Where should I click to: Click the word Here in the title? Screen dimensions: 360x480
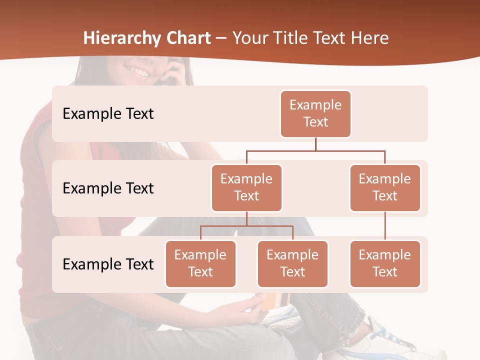point(369,38)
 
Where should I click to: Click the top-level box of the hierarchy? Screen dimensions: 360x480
point(315,113)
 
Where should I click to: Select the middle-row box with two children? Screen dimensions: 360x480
point(246,187)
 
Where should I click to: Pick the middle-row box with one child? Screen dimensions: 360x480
point(385,187)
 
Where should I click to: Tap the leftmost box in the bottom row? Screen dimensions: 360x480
point(200,263)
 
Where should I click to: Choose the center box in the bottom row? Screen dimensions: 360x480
point(292,263)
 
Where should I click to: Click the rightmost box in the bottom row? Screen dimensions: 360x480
point(385,263)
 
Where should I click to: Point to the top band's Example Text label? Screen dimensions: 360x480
point(108,114)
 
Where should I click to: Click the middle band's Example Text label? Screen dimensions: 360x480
point(108,188)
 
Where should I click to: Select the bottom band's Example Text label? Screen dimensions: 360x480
point(108,264)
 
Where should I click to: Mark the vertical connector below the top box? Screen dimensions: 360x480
point(315,144)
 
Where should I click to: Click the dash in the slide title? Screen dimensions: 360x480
point(221,38)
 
